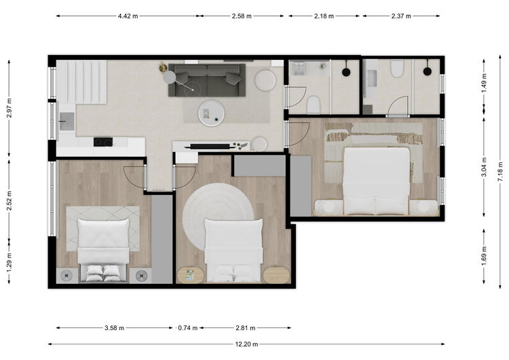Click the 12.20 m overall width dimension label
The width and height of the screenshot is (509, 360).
(246, 344)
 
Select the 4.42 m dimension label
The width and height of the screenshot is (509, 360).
(128, 16)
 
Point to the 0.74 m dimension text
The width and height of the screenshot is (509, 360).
(187, 328)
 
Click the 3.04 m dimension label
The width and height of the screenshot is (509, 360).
(484, 167)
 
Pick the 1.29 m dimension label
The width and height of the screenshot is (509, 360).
(9, 262)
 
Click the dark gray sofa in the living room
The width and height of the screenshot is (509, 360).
(207, 80)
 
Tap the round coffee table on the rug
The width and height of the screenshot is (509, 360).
(211, 113)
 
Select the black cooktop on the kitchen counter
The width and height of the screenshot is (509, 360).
(103, 142)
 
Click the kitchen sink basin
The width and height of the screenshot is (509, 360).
(67, 121)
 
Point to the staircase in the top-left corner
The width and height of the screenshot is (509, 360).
(82, 82)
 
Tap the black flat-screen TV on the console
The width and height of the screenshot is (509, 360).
(210, 147)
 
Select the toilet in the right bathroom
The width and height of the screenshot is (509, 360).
(397, 68)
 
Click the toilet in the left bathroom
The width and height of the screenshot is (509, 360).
(314, 105)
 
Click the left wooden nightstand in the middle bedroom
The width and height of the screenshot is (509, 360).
(190, 275)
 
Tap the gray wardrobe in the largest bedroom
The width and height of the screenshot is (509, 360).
(301, 186)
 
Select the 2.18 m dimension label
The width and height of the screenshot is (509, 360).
(324, 16)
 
